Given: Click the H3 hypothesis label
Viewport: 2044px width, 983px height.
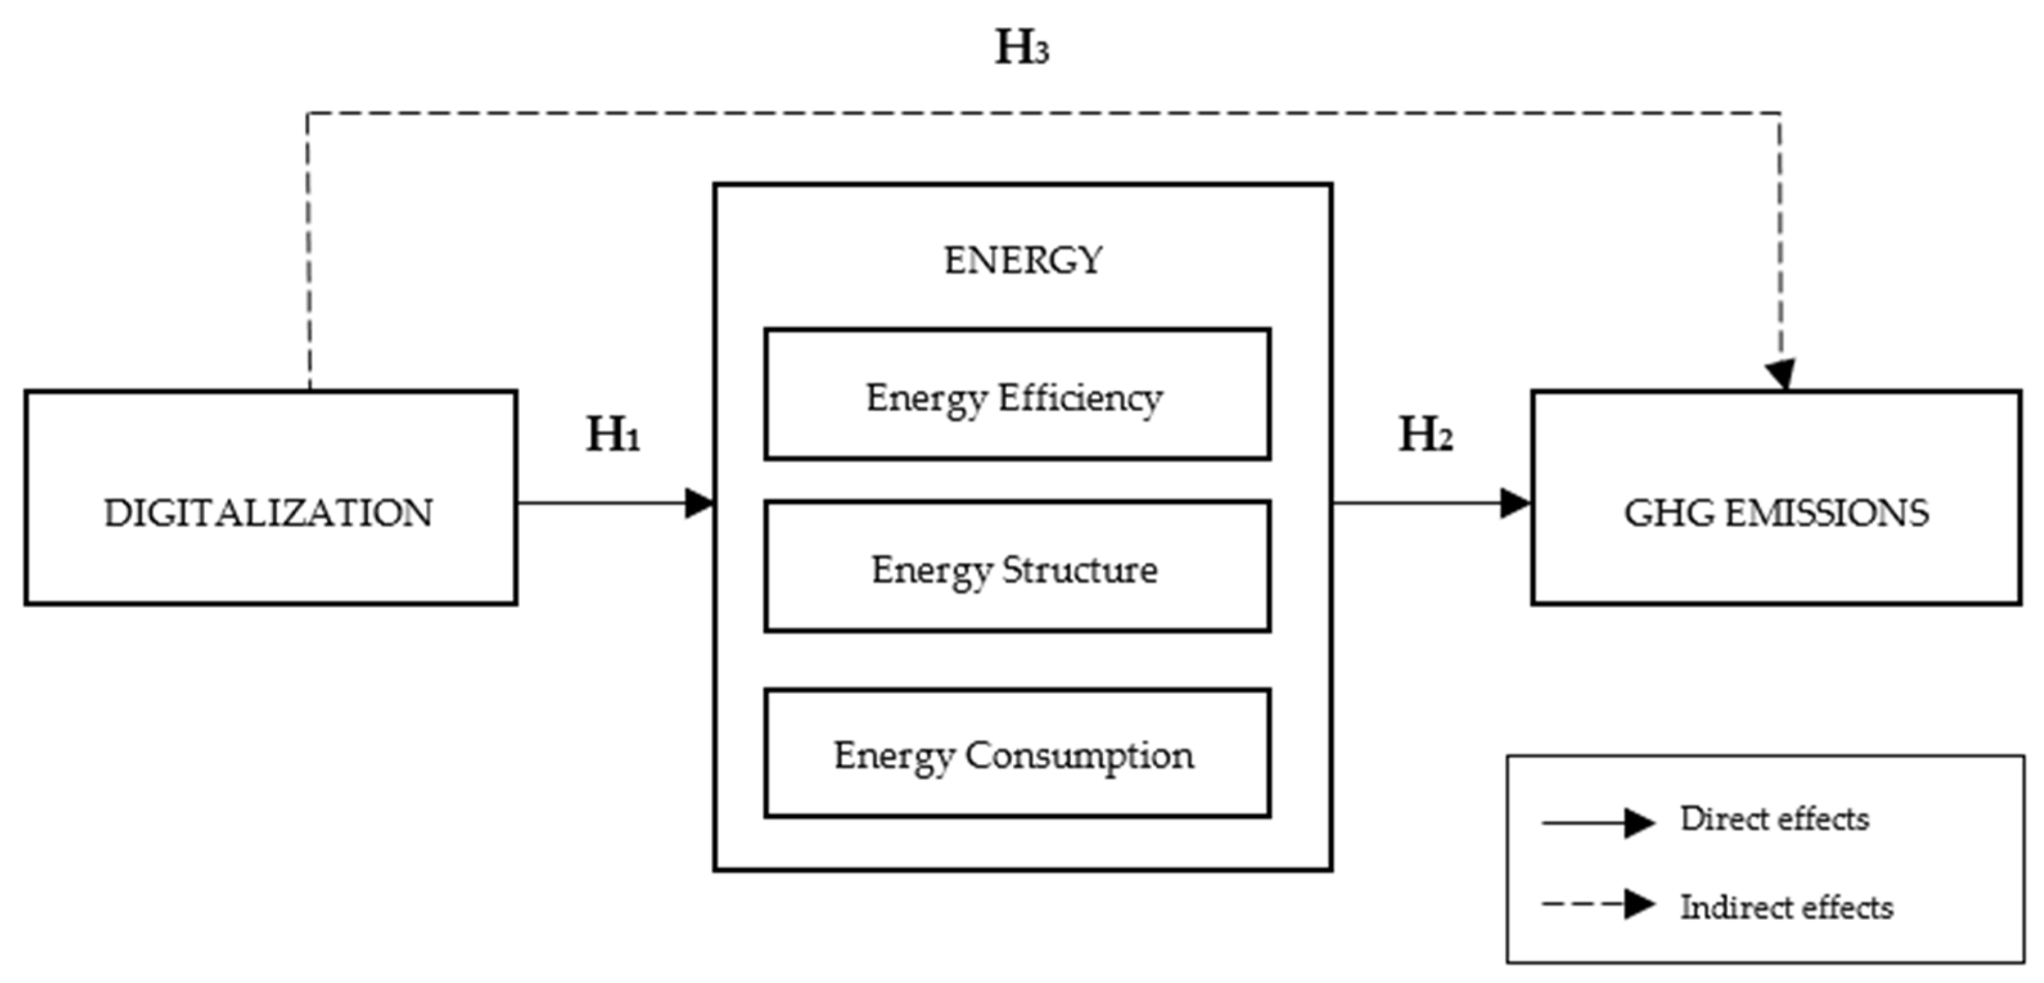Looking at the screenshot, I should [x=1022, y=48].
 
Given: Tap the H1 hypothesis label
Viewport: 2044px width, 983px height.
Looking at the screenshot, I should [x=613, y=435].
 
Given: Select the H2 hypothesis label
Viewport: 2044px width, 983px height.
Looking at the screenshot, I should [x=1425, y=435].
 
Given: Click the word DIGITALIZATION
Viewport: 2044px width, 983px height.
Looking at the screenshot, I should [x=269, y=513].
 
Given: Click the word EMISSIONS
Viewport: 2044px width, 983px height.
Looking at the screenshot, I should [x=1827, y=513].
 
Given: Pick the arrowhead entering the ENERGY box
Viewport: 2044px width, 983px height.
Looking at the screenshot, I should [x=700, y=503].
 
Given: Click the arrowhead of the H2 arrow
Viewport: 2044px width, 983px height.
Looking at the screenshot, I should [x=1515, y=503].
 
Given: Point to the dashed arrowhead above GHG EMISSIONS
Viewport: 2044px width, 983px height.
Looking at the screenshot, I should [x=1781, y=374].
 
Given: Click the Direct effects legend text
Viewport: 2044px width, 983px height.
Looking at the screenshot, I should [x=1774, y=819].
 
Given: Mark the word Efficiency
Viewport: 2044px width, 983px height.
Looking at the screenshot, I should [x=1080, y=398].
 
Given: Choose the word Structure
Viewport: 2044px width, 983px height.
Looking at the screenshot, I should [x=1080, y=570].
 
